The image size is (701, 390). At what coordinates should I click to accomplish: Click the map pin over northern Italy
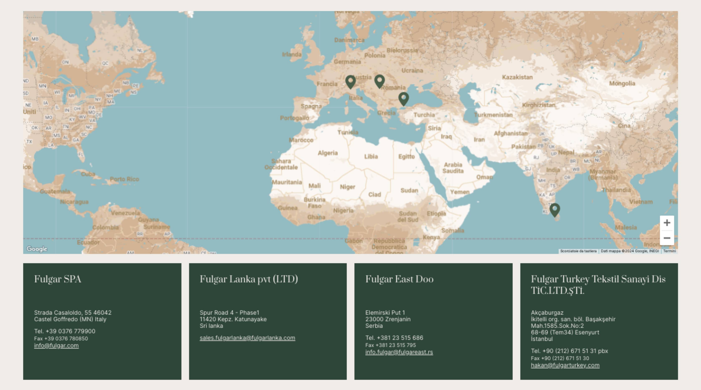350,81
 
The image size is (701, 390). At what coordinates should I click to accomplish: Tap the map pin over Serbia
379,81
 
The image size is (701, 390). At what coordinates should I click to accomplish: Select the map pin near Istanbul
403,98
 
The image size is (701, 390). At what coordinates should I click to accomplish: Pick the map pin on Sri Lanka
555,210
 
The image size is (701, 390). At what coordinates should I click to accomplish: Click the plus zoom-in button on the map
667,223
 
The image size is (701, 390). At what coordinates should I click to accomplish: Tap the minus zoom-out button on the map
667,238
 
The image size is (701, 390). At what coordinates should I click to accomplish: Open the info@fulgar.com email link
56,345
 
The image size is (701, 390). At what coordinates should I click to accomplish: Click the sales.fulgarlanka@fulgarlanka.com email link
247,338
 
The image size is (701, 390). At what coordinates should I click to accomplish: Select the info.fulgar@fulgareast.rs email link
399,352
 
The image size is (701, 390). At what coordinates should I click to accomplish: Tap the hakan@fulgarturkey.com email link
565,365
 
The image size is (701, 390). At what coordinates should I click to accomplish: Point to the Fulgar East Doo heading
399,279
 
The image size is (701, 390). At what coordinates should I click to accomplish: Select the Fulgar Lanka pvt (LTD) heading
249,279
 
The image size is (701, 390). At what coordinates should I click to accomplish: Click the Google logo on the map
37,249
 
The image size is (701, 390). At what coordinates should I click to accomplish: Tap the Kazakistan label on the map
517,77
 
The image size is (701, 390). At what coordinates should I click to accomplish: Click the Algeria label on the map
328,153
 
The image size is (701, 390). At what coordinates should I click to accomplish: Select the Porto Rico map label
124,179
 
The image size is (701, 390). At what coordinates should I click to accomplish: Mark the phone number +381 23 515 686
400,338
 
